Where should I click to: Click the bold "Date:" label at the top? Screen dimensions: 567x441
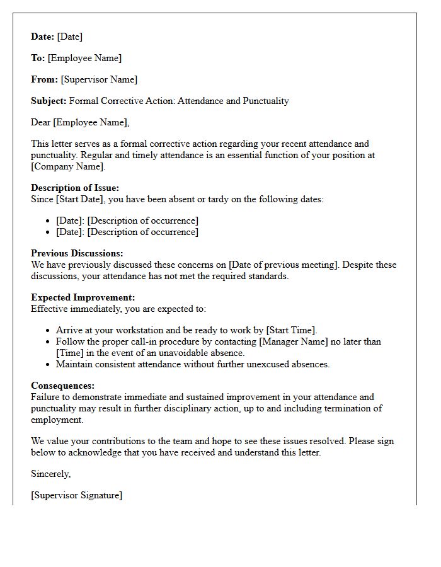[42, 37]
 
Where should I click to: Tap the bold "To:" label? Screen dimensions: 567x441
[38, 58]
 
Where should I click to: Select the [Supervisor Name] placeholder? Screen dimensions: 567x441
[99, 79]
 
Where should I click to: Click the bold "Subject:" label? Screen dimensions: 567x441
[49, 101]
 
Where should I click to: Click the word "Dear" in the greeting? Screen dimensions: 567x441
[41, 122]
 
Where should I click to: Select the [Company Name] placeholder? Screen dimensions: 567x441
[68, 166]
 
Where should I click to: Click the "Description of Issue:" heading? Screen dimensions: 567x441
[75, 188]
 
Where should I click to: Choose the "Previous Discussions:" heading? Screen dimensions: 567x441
[77, 253]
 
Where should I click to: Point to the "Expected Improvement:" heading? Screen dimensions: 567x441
[83, 297]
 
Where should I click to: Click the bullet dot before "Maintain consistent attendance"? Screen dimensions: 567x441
[48, 364]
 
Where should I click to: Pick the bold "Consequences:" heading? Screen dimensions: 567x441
[63, 386]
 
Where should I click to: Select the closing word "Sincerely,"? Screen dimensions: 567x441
[51, 474]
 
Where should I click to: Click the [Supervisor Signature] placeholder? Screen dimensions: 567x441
[76, 495]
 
